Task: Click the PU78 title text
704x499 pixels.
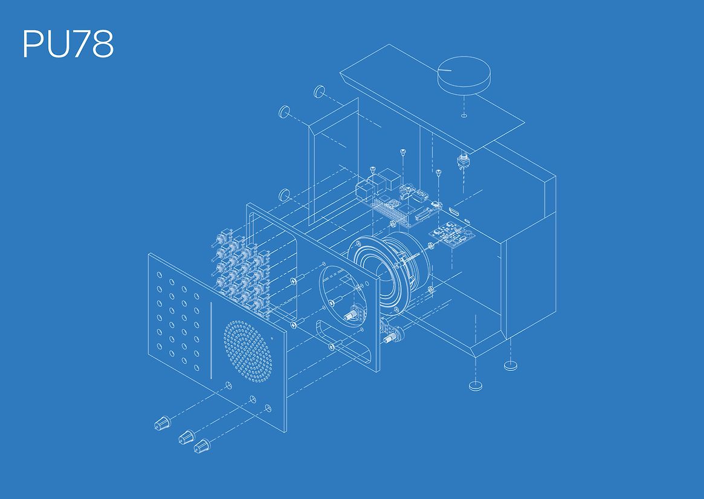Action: coord(68,44)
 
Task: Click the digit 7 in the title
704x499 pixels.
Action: coord(79,44)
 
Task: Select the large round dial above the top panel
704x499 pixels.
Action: coord(464,76)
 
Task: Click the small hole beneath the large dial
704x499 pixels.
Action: coord(464,116)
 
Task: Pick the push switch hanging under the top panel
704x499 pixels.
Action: coord(462,162)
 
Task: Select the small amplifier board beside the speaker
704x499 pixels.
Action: coord(451,234)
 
